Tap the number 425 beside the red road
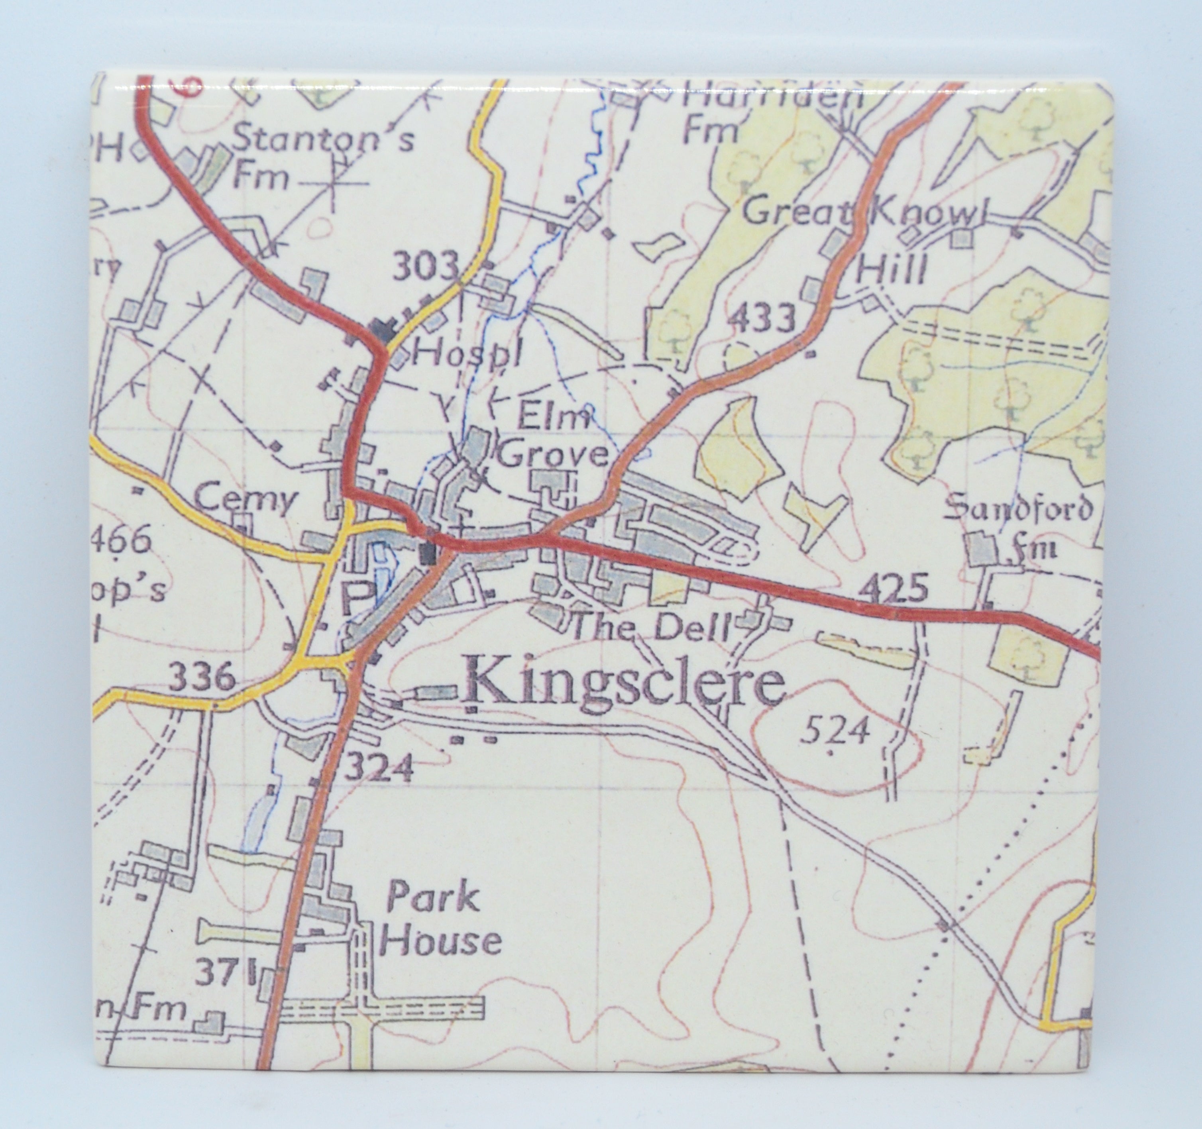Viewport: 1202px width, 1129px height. [892, 588]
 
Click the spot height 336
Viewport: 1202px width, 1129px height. [201, 677]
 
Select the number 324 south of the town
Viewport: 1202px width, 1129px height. [379, 769]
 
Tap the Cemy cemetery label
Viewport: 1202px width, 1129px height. [247, 499]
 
